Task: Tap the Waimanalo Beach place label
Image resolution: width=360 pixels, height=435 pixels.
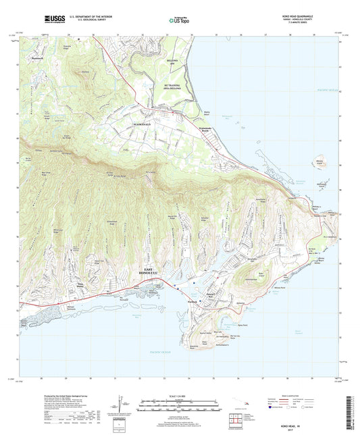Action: click(x=208, y=131)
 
